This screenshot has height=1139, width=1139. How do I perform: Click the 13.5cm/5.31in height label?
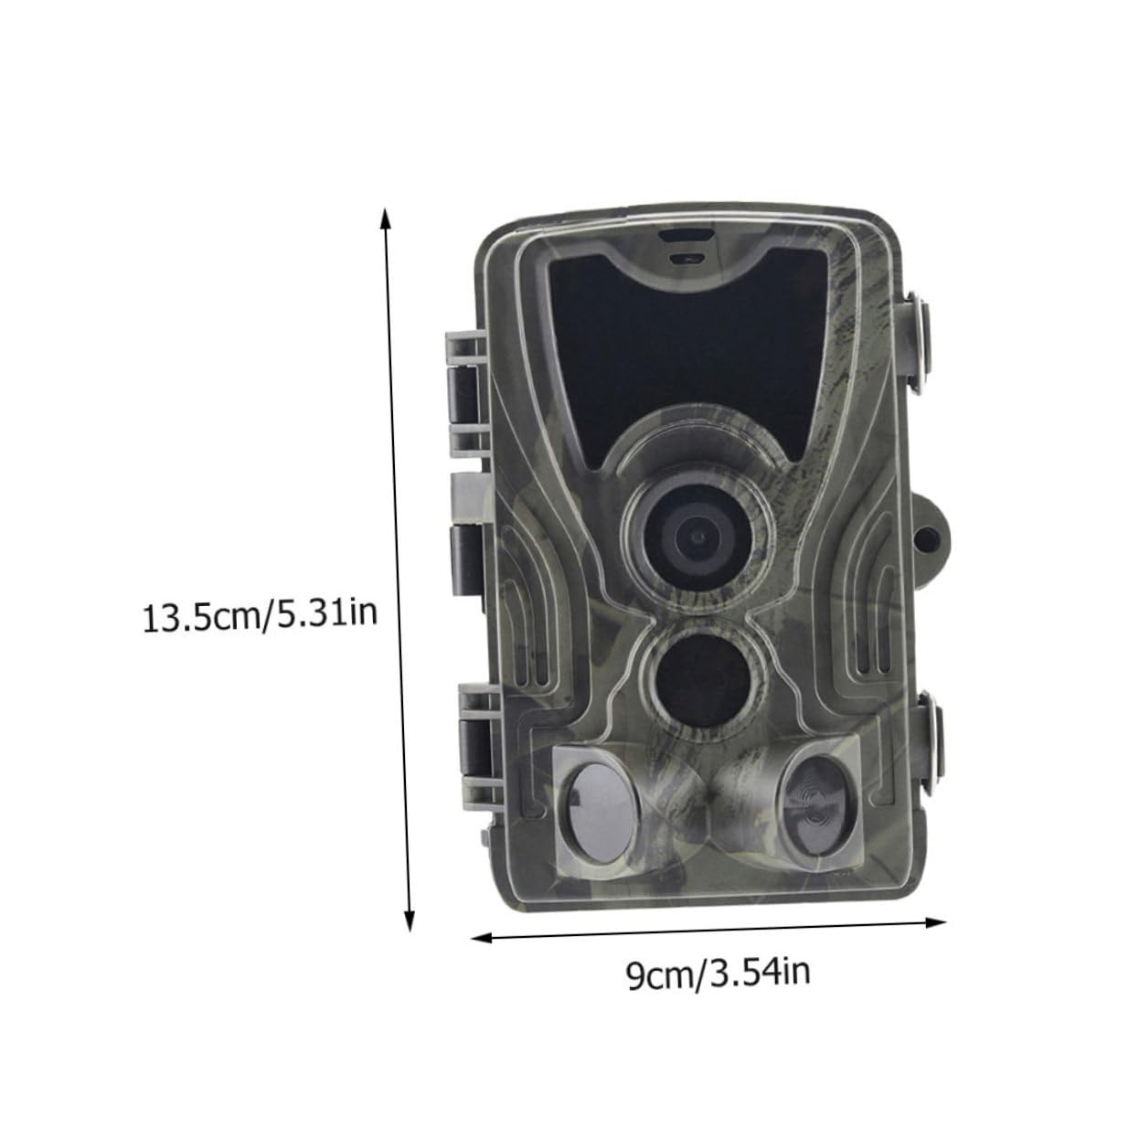pyautogui.click(x=261, y=615)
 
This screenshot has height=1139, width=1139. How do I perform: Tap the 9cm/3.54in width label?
pyautogui.click(x=719, y=974)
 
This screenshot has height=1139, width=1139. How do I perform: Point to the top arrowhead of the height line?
pyautogui.click(x=386, y=218)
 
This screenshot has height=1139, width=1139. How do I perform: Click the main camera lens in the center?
pyautogui.click(x=697, y=535)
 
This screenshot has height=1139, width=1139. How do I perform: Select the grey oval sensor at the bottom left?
pyautogui.click(x=599, y=809)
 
